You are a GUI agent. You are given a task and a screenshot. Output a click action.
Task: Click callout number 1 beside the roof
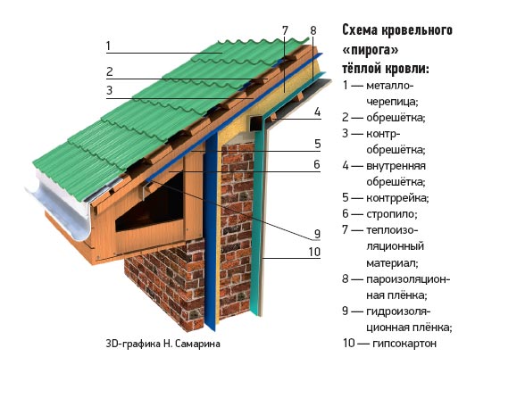108,46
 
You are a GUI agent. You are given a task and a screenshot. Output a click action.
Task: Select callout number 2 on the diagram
110,71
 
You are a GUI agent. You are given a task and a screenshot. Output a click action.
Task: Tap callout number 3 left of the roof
110,90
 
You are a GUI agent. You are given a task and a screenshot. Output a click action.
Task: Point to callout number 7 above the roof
285,30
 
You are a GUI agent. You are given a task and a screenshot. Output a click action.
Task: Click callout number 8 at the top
313,30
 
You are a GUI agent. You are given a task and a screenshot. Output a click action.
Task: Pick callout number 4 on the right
317,112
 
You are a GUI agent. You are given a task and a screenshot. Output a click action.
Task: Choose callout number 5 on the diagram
318,145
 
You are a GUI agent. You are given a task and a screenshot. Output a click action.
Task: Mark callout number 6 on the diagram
317,164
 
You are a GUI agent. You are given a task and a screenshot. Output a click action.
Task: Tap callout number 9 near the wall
317,234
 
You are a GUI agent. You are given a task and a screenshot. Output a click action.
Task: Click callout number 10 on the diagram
314,252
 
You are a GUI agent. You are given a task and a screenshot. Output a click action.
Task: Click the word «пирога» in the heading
371,50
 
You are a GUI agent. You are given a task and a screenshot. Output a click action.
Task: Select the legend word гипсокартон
404,344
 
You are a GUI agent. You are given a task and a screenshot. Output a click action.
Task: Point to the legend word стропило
392,214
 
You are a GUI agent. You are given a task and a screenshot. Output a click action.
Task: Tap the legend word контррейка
397,198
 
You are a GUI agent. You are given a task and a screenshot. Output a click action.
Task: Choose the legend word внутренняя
396,166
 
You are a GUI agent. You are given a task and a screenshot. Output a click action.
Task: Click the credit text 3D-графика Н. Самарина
163,344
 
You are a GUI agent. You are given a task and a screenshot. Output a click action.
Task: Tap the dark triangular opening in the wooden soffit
150,206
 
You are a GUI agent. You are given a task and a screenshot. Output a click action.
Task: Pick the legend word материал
392,263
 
